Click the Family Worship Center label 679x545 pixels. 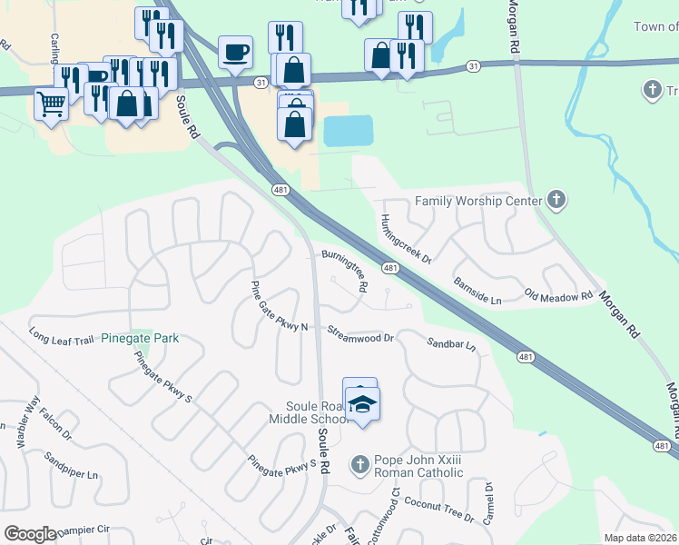[x=477, y=201]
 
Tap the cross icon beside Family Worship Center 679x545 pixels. [x=557, y=200]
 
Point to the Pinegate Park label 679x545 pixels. [x=140, y=339]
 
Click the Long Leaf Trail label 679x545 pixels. [x=62, y=335]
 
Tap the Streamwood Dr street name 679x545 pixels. [x=360, y=335]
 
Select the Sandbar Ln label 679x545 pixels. [x=451, y=343]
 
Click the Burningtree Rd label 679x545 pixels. [x=345, y=268]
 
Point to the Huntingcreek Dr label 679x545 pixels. [x=405, y=239]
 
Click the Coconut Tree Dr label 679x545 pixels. [x=439, y=509]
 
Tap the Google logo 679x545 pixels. [x=30, y=534]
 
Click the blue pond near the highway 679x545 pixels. [x=349, y=132]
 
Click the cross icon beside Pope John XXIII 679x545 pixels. [x=359, y=465]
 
